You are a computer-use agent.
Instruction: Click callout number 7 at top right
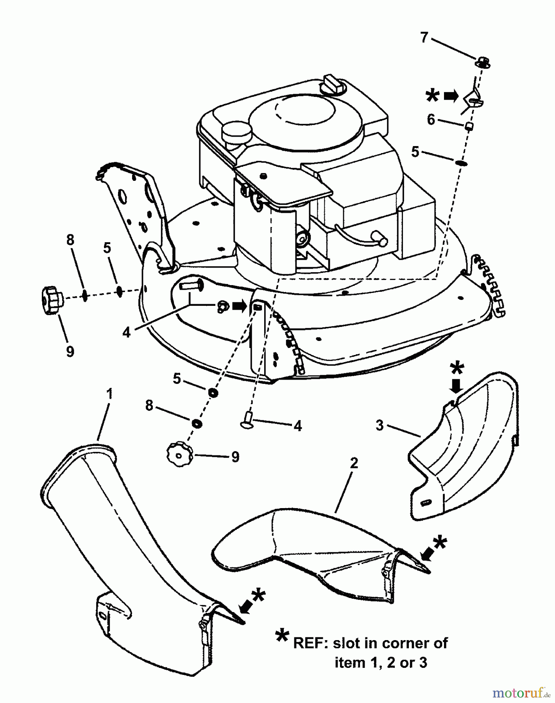pos(424,38)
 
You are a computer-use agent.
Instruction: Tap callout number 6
pos(431,120)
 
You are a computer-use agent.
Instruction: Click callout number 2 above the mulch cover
pos(354,463)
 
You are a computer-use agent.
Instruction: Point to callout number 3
pos(380,425)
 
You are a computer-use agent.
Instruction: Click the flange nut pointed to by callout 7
pos(483,62)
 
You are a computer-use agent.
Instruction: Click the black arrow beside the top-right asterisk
pos(451,96)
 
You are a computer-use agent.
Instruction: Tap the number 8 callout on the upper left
pos(70,240)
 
